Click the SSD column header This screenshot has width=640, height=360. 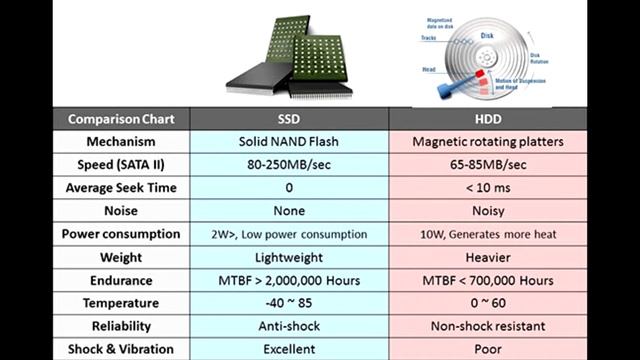click(x=288, y=118)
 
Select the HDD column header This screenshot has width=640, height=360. click(x=490, y=118)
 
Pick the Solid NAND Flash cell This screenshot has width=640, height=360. click(x=288, y=141)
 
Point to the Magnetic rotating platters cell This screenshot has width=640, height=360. click(x=490, y=141)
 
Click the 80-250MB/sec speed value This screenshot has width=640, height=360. click(x=288, y=164)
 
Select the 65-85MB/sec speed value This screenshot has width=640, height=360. click(x=490, y=164)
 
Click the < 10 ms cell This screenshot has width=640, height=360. click(x=490, y=187)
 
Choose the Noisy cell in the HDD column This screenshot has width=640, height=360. click(x=490, y=211)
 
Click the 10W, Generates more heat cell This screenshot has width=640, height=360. click(x=490, y=234)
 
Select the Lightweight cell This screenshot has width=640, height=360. click(x=288, y=257)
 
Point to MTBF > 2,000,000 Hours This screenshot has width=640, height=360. click(x=288, y=280)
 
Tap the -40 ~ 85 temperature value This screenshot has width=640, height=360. click(x=288, y=303)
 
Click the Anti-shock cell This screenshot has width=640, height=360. click(x=288, y=326)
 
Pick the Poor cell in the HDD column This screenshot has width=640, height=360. click(x=490, y=349)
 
